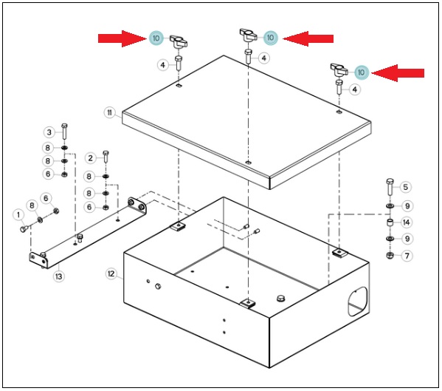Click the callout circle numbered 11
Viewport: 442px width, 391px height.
click(109, 113)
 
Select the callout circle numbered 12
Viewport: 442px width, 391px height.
click(111, 273)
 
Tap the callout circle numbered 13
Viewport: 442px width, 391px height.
click(58, 276)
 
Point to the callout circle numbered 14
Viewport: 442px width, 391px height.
click(406, 222)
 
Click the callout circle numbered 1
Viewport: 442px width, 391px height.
click(18, 215)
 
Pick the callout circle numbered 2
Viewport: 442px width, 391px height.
click(91, 158)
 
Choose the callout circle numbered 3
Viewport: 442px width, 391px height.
click(49, 132)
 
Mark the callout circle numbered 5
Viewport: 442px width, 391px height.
click(405, 187)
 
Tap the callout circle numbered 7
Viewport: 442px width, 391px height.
click(407, 256)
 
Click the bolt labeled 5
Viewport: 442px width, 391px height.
click(390, 186)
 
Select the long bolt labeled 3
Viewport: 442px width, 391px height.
click(64, 132)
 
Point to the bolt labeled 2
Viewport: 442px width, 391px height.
click(106, 157)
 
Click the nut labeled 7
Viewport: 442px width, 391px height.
click(390, 256)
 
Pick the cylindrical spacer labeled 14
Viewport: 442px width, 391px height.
click(390, 222)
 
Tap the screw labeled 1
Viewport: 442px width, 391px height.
click(24, 228)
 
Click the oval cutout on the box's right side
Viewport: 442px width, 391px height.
click(358, 302)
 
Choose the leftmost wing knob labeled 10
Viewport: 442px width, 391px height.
click(179, 41)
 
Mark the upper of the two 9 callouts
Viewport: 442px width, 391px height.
click(407, 206)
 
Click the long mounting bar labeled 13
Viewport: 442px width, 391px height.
click(88, 233)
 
